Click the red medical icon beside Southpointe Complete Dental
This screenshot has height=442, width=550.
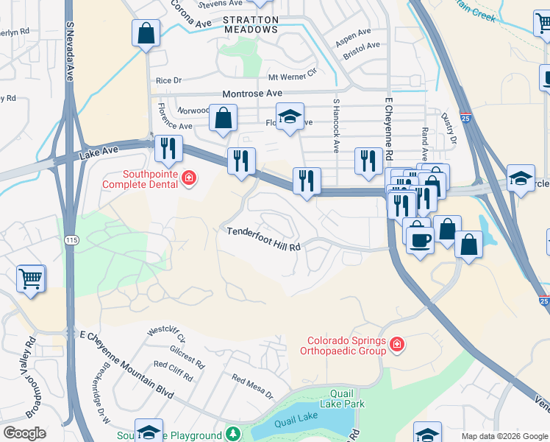pos(189,178)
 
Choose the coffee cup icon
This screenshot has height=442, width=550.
pos(420,240)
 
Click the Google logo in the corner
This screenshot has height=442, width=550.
pos(24,433)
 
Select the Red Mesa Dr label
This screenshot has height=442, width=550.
pos(252,387)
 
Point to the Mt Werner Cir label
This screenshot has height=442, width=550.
pos(292,77)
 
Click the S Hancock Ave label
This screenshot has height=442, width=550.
pos(336,125)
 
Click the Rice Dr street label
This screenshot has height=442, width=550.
pos(168,80)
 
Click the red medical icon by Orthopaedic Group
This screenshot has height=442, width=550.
pos(397,344)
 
